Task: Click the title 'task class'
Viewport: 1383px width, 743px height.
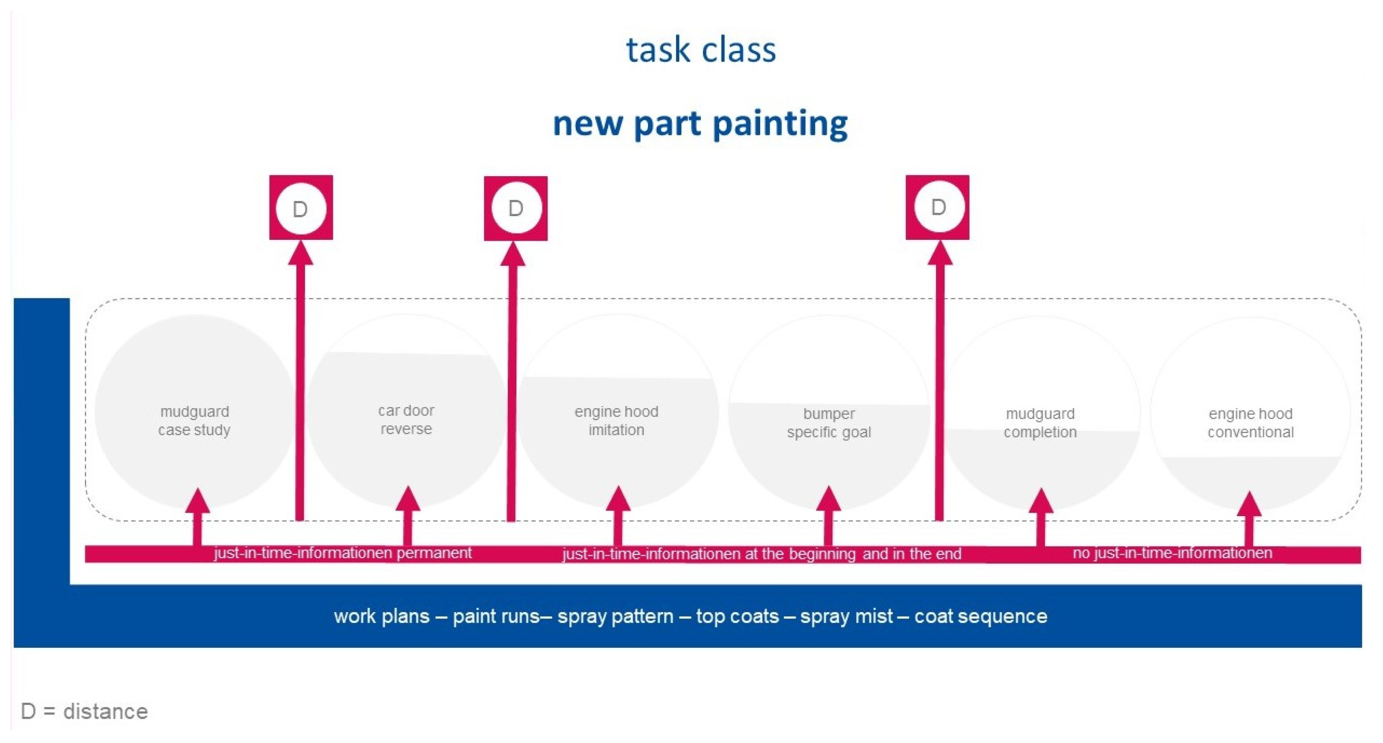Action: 701,50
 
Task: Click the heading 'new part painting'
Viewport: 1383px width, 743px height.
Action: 700,123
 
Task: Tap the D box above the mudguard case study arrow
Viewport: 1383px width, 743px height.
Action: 301,208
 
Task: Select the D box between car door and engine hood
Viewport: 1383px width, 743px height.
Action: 516,208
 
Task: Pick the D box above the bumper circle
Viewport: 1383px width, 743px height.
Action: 938,207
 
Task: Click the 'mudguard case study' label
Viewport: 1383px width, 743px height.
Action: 194,420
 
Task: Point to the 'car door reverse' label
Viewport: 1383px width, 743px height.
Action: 406,419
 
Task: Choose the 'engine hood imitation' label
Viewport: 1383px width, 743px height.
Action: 616,420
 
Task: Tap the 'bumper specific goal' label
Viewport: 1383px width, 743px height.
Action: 829,423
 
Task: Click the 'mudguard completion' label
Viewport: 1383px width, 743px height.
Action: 1040,423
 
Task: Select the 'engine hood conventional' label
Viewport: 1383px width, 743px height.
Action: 1251,423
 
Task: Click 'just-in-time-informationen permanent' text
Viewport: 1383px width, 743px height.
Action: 342,553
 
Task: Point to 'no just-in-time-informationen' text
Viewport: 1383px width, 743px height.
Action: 1172,553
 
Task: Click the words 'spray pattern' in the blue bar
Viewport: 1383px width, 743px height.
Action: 615,616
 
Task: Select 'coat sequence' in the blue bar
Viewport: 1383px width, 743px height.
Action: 980,616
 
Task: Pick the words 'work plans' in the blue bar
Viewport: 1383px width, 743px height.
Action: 381,616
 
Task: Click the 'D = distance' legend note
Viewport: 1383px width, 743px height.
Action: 84,711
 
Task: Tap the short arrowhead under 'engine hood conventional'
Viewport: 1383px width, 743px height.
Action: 1249,504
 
